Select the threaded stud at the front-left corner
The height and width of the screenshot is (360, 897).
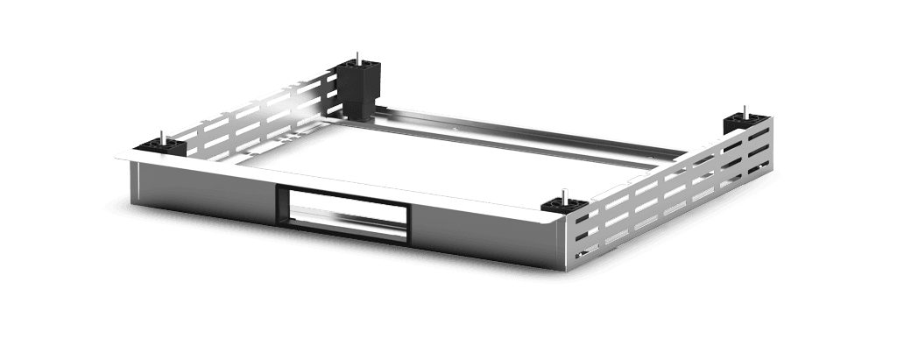click(163, 137)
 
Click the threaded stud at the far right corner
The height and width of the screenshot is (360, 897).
click(745, 110)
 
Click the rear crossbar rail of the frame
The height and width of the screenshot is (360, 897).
click(526, 131)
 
